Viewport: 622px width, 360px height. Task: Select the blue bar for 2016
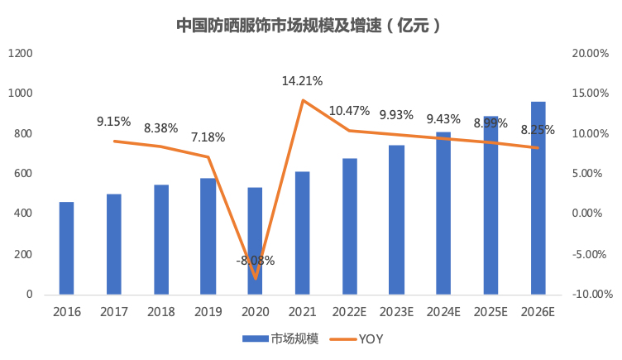coord(66,248)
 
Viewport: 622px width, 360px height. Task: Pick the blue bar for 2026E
coord(538,198)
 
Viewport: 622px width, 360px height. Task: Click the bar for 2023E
coord(396,219)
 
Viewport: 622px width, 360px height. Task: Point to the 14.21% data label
coord(302,81)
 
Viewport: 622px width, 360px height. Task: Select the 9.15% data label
coord(113,122)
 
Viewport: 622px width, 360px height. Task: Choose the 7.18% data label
coord(208,137)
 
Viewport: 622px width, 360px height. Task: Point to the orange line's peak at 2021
coord(302,100)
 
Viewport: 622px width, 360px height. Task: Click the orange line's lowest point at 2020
coord(255,279)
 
